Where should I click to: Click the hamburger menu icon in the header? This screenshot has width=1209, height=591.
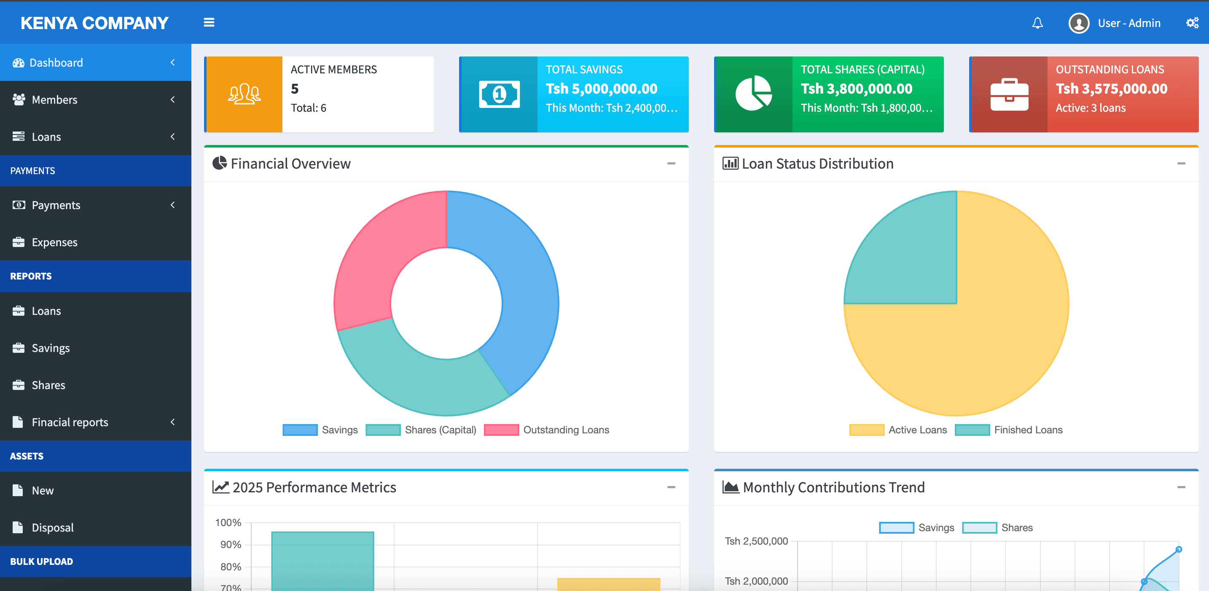tap(209, 22)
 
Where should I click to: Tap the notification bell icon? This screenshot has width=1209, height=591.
tap(1037, 23)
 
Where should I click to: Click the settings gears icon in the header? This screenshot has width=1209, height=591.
tap(1192, 23)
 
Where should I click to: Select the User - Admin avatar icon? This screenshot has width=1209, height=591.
tap(1078, 23)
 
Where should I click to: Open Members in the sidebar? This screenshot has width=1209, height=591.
tap(54, 99)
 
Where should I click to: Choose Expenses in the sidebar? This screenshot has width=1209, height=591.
tap(54, 242)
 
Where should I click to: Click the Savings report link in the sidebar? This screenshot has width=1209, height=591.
tap(51, 348)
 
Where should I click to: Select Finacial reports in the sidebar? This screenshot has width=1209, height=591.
tap(70, 422)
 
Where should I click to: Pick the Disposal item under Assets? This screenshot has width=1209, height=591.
tap(53, 528)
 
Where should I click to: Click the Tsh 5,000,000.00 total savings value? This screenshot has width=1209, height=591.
tap(601, 89)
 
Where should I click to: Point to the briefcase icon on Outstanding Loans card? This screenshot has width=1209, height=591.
tap(1009, 94)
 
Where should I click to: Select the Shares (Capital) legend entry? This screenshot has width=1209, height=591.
tap(440, 430)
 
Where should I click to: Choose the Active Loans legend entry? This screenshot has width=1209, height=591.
tap(917, 430)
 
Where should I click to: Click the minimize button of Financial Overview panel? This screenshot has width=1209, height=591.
tap(671, 164)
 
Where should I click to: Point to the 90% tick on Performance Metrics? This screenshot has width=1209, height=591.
tap(231, 545)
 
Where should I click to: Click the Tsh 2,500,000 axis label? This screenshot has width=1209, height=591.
tap(756, 541)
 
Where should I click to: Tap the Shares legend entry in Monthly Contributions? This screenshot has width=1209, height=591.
tap(1017, 528)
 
